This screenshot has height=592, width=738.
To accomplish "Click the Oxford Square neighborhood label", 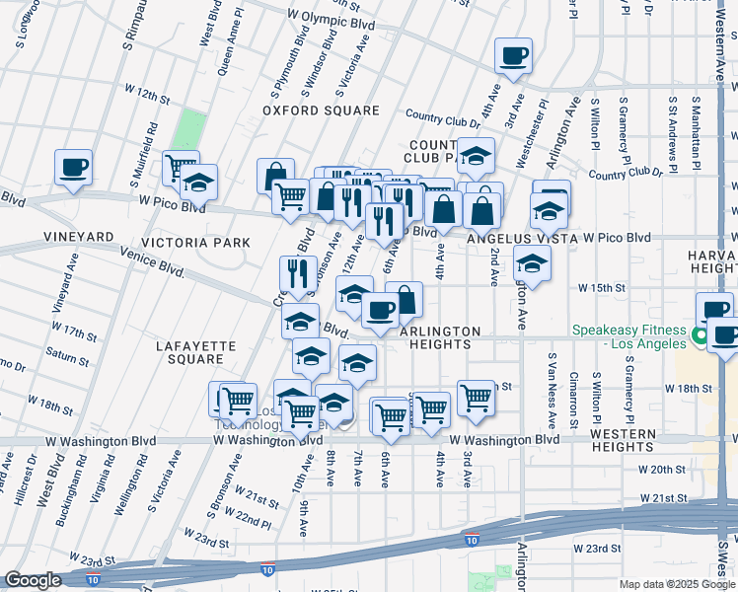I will [x=321, y=111].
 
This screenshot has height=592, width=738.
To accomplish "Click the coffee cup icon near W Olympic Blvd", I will [x=513, y=56].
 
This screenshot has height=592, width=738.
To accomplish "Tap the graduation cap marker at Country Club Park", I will [x=476, y=156].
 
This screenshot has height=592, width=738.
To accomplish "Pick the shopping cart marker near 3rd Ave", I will [x=476, y=397].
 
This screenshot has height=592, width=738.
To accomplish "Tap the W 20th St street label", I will [x=661, y=470].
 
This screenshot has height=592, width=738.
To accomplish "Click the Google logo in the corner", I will [x=33, y=580].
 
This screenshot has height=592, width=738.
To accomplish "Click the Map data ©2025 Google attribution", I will [x=677, y=584].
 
